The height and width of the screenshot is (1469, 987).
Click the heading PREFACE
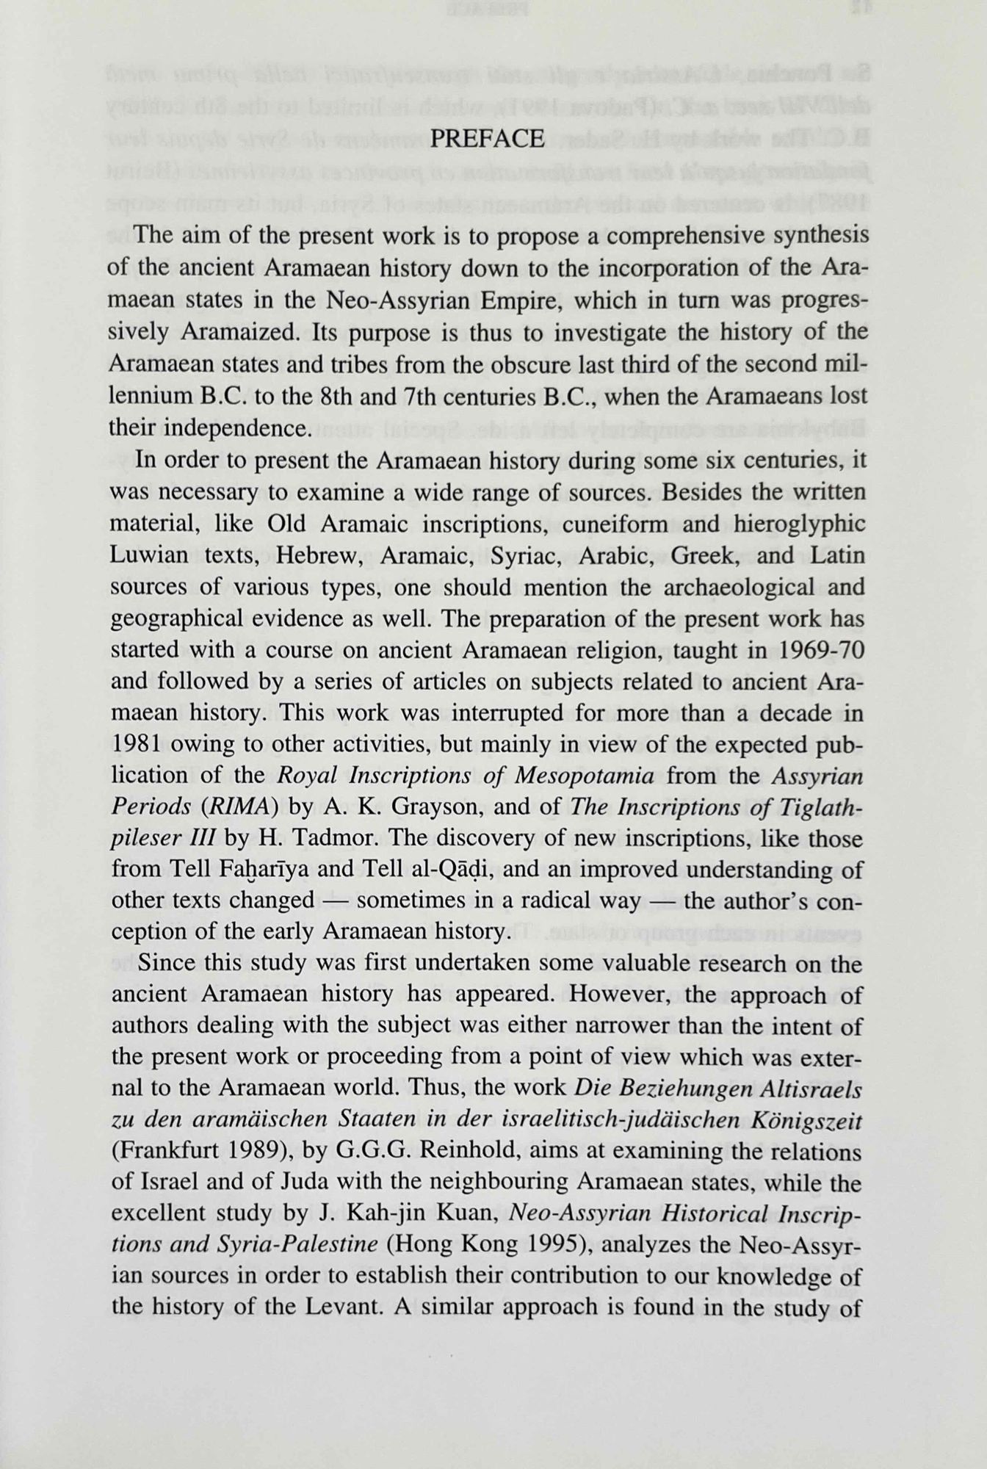pyautogui.click(x=487, y=139)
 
